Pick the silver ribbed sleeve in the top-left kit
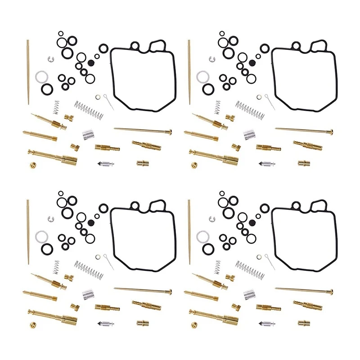(x=88, y=134)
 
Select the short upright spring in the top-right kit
(x=218, y=107)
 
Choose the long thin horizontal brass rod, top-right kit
(x=304, y=131)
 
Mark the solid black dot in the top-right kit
(x=252, y=63)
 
